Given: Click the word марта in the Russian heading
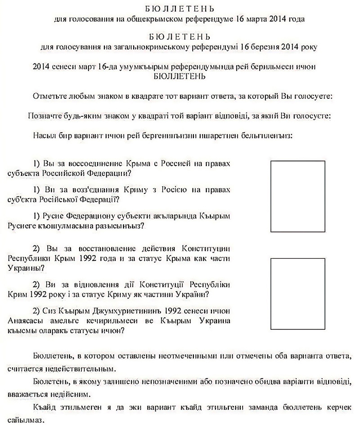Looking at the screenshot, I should pyautogui.click(x=261, y=20).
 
